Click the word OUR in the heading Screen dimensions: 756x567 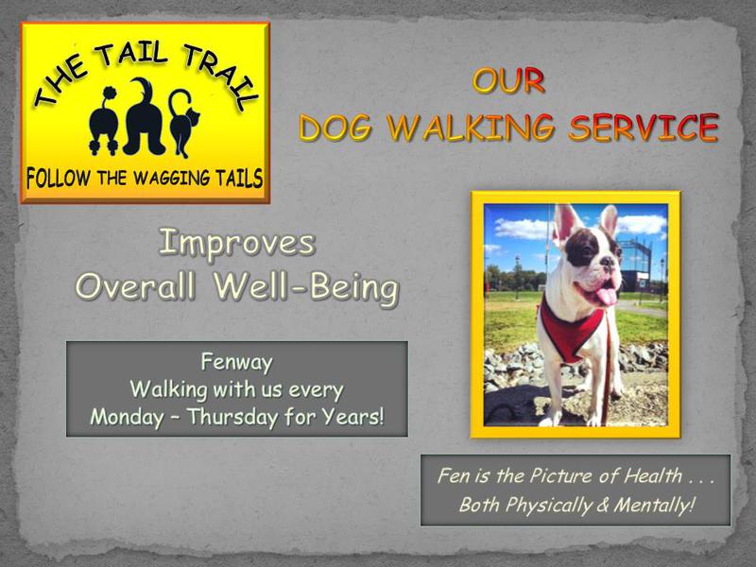508,80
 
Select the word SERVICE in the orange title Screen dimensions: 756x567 644,128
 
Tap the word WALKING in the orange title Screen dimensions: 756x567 471,128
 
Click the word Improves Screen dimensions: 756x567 237,244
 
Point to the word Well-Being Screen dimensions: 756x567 306,287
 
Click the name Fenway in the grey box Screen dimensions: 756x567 237,363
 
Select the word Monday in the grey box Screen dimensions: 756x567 127,418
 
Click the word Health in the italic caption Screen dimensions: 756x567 653,476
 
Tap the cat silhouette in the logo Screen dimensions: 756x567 183,124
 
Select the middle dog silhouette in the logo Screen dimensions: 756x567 145,117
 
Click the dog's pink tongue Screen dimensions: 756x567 606,296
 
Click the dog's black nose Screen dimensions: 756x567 609,263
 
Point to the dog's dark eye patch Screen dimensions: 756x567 581,248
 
